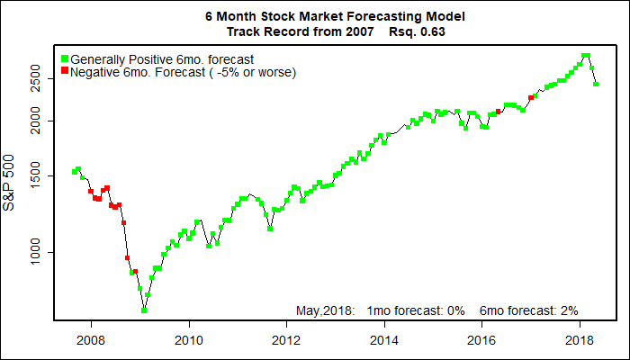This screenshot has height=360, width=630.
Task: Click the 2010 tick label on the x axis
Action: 188,340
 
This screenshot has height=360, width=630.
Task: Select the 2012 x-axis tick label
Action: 286,340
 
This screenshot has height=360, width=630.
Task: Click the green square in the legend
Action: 65,58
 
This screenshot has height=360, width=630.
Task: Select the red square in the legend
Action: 65,70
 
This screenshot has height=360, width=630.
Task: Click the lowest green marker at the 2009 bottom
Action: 144,310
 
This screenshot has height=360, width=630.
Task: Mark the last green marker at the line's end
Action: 596,85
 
